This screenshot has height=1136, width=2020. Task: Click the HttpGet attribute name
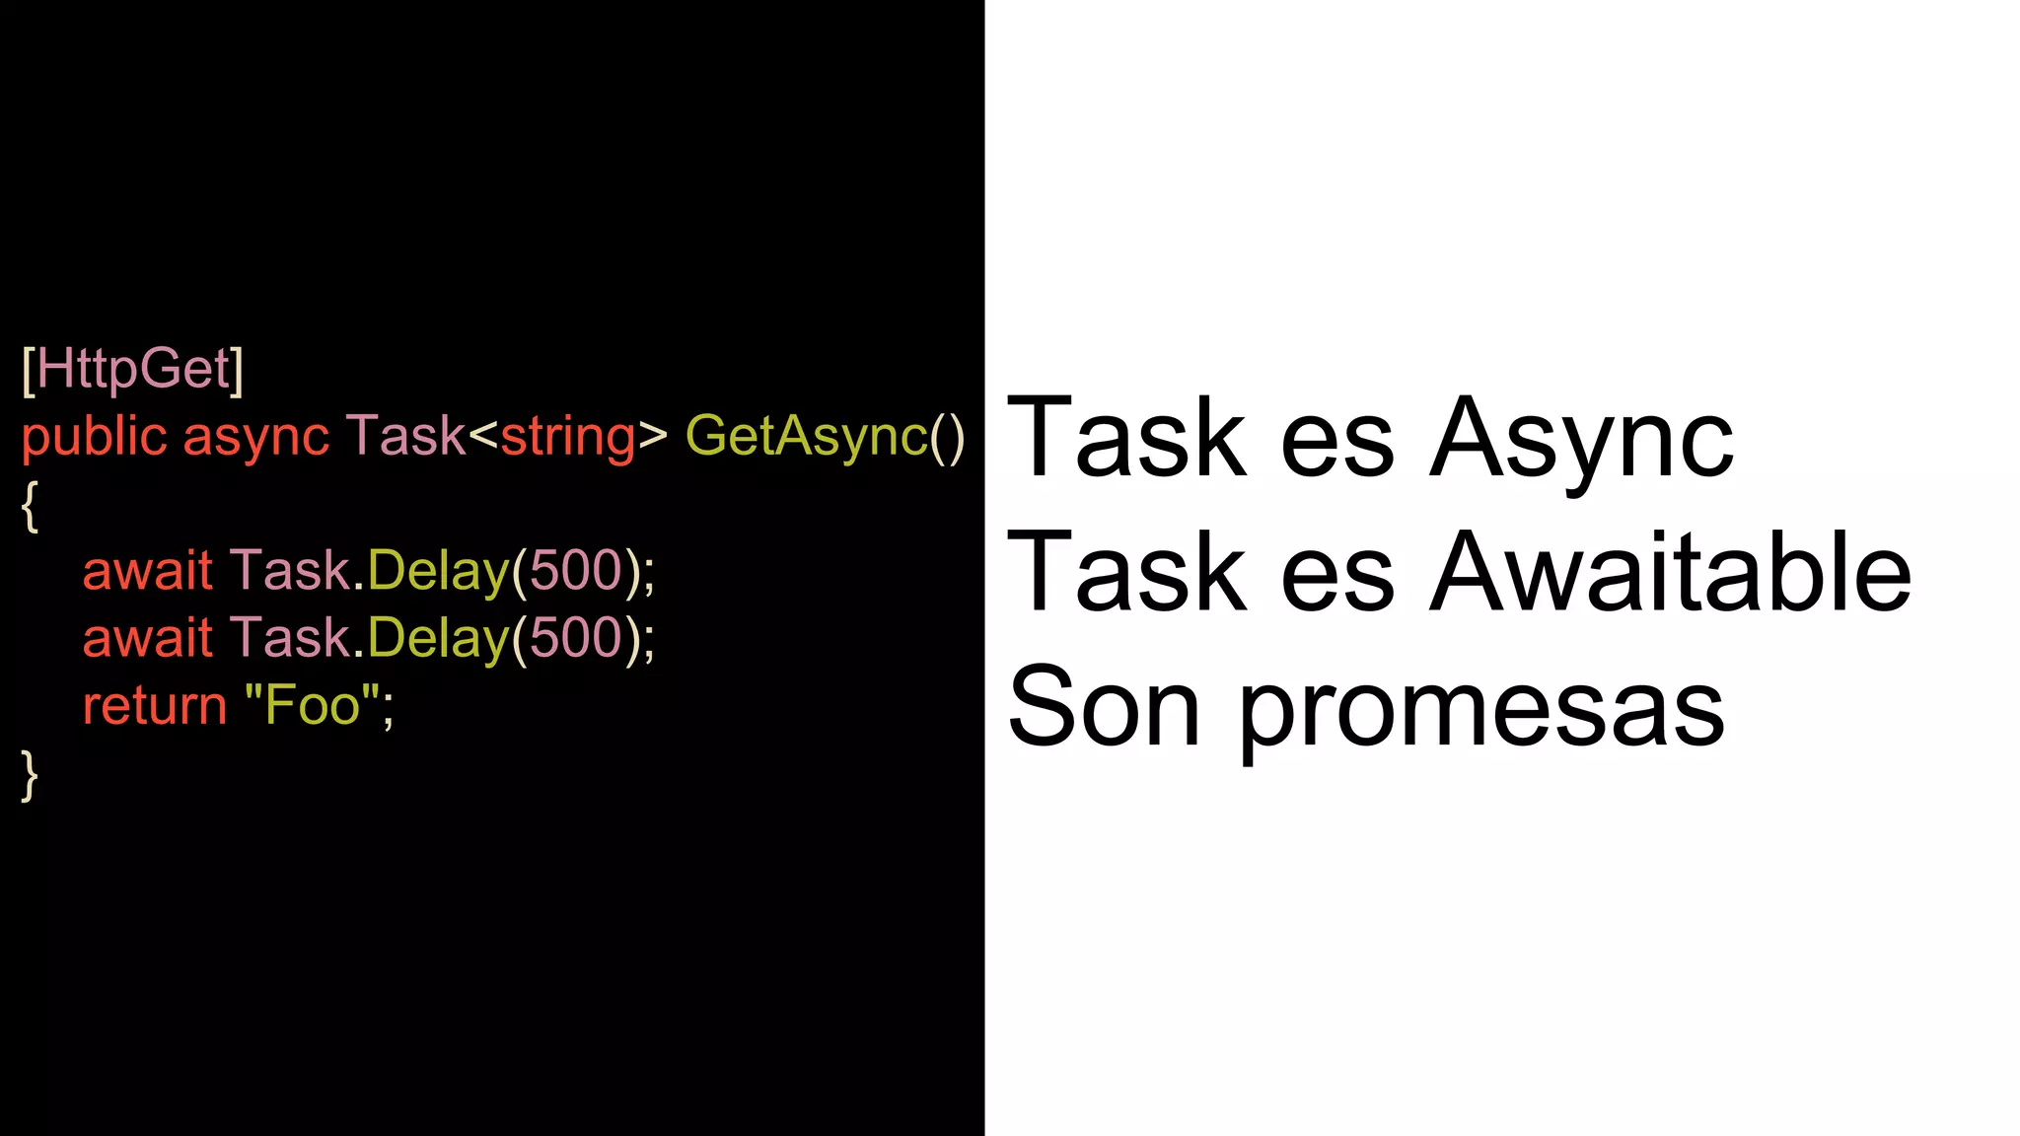[x=133, y=369]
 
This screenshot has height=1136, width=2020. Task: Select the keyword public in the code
[x=94, y=437]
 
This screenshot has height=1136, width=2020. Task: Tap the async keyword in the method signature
[x=255, y=437]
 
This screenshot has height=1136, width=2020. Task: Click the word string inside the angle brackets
[x=568, y=437]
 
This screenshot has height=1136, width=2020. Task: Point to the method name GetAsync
[x=807, y=436]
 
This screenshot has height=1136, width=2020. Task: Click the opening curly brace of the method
[x=31, y=506]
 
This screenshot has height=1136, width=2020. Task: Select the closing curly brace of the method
[x=31, y=774]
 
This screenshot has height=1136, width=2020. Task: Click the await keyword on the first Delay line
[x=148, y=571]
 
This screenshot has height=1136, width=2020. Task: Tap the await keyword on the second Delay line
[x=148, y=638]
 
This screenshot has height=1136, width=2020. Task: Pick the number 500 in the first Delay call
[x=577, y=571]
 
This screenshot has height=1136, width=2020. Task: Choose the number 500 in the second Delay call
[x=577, y=638]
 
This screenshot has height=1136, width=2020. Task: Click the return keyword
[x=155, y=706]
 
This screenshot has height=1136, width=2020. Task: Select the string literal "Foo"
[x=312, y=706]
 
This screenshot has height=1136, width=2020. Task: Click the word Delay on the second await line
[x=438, y=638]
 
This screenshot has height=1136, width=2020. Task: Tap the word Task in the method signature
[x=405, y=436]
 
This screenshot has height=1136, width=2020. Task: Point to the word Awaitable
[x=1671, y=573]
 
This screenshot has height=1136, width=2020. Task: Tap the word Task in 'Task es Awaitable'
[x=1125, y=573]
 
